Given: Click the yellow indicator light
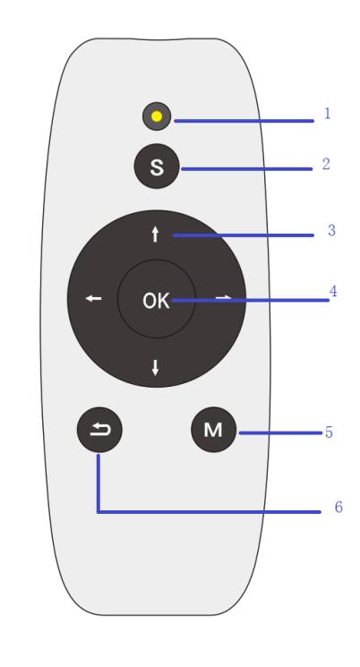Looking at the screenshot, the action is click(157, 116).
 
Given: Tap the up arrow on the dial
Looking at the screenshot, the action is click(155, 235).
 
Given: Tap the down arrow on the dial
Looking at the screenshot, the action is click(155, 368).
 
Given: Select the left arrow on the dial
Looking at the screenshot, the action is click(94, 299).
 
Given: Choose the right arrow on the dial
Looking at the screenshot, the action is click(224, 297).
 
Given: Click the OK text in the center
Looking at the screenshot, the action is click(156, 301).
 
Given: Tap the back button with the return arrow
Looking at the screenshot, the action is click(99, 430).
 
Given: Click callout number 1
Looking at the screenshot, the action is click(327, 113).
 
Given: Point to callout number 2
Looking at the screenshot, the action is click(326, 164).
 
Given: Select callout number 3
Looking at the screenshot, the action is click(331, 230).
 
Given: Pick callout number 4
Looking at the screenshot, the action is click(333, 291).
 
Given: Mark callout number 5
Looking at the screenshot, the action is click(329, 432).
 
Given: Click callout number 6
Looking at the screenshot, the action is click(339, 507).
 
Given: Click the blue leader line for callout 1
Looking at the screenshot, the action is click(244, 121).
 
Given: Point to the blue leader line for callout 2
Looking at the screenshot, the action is click(247, 169).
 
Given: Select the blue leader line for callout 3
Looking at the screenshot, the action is click(243, 235).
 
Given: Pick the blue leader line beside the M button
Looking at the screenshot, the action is click(280, 433).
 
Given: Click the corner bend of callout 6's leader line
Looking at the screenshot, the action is click(99, 512).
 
